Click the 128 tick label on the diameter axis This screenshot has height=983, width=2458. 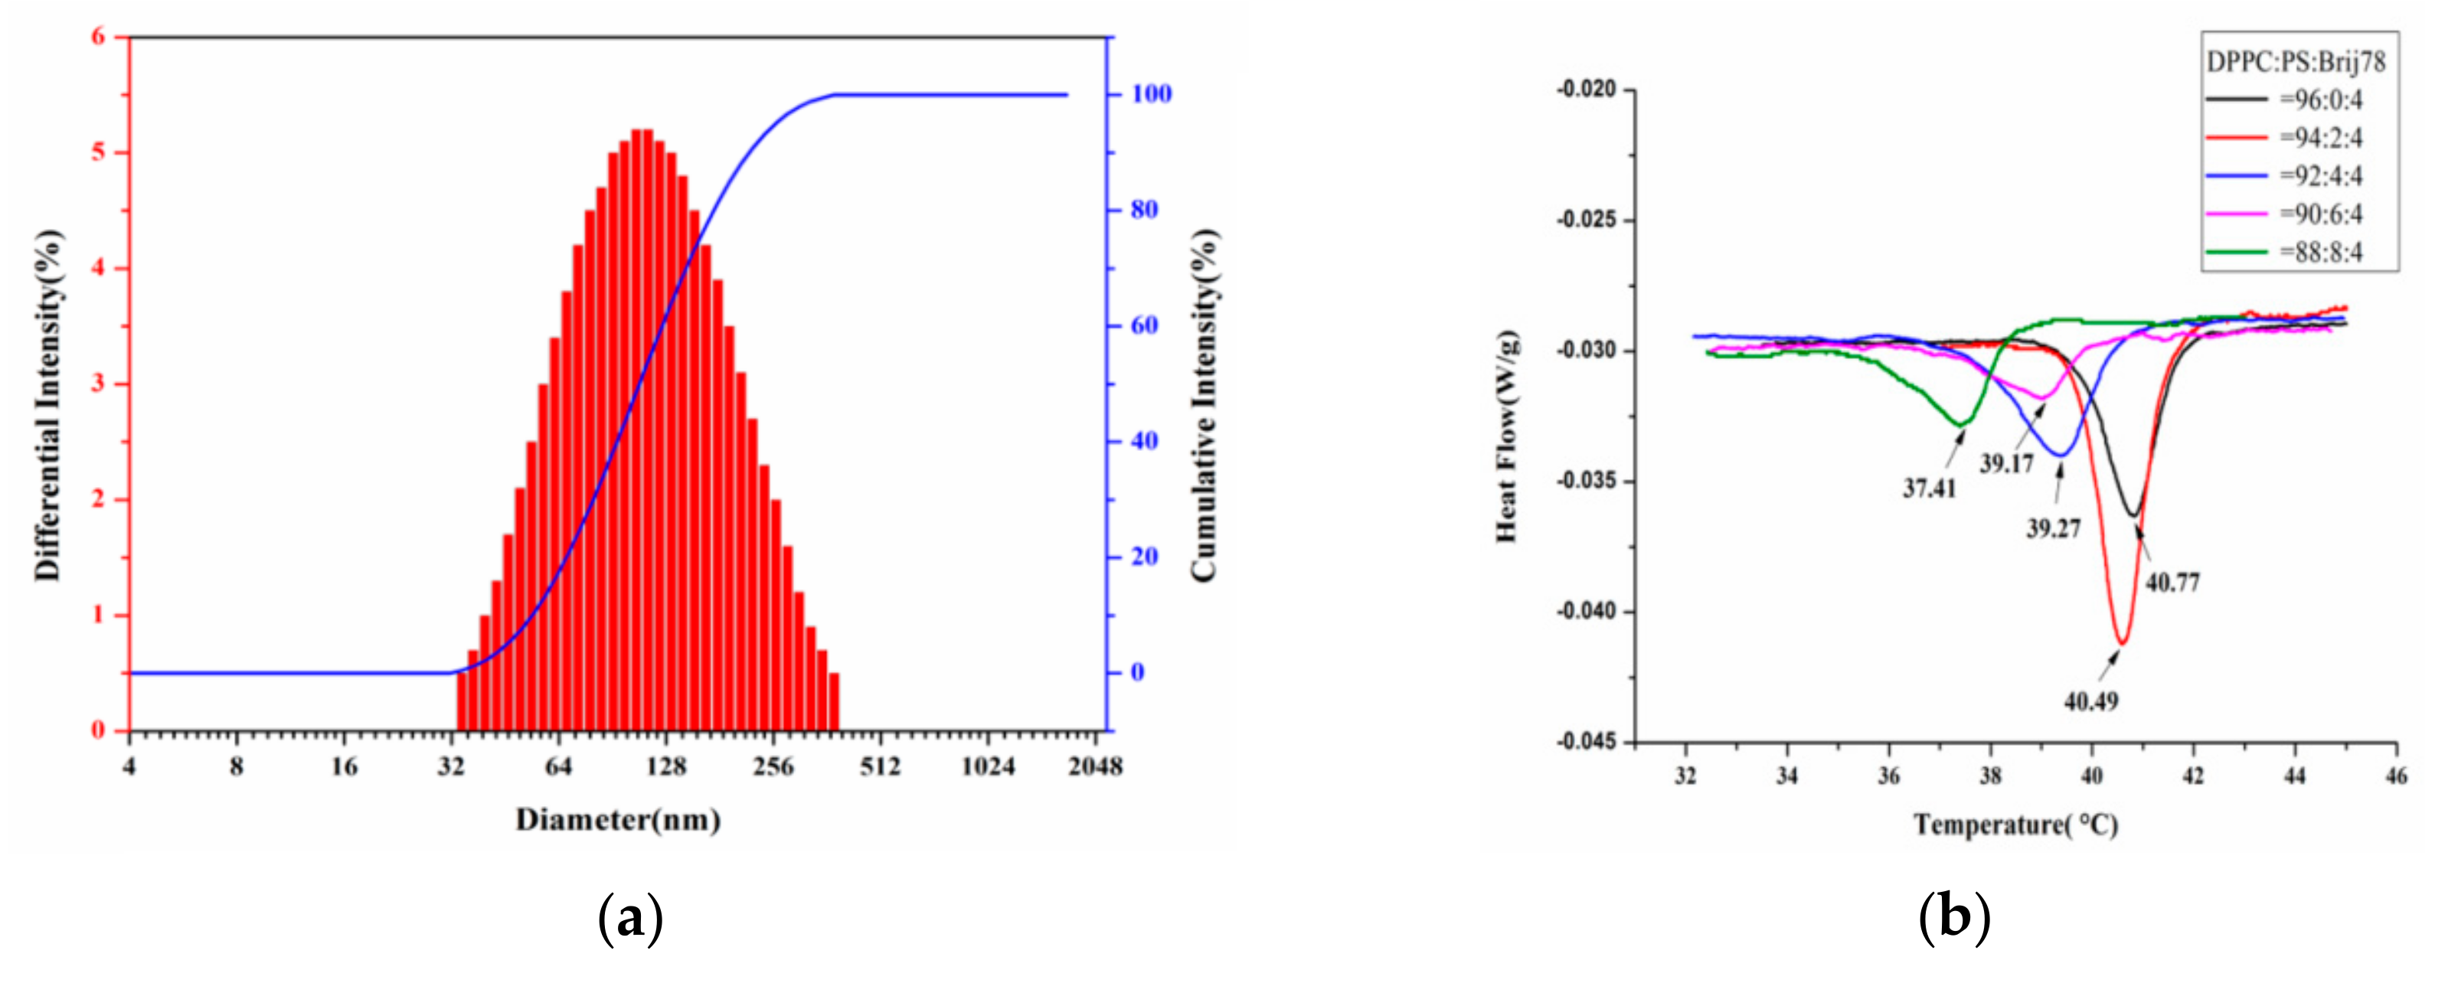tap(665, 766)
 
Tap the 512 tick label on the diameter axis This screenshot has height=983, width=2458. tap(879, 766)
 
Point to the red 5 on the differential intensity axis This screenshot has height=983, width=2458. tap(98, 152)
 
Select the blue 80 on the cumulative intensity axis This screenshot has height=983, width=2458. tap(1144, 210)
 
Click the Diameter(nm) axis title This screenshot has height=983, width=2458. tap(617, 820)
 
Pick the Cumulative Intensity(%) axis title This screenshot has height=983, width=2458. tap(1205, 405)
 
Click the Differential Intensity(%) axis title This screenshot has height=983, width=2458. tap(47, 405)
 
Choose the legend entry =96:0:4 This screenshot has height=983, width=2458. tap(2321, 100)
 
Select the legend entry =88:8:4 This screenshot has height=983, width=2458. tap(2321, 252)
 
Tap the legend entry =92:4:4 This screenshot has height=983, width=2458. tap(2321, 175)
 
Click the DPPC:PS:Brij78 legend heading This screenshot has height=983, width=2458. tap(2296, 62)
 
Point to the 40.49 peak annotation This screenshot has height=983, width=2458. tap(2090, 701)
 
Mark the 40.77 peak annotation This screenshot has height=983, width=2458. tap(2172, 581)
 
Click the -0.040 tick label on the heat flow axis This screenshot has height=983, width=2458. tap(1587, 612)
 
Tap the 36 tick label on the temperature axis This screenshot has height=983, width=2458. tap(1888, 776)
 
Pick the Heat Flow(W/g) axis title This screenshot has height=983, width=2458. tap(1507, 436)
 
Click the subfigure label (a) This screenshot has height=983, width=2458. tap(629, 919)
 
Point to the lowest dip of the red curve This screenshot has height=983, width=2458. tap(2121, 642)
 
